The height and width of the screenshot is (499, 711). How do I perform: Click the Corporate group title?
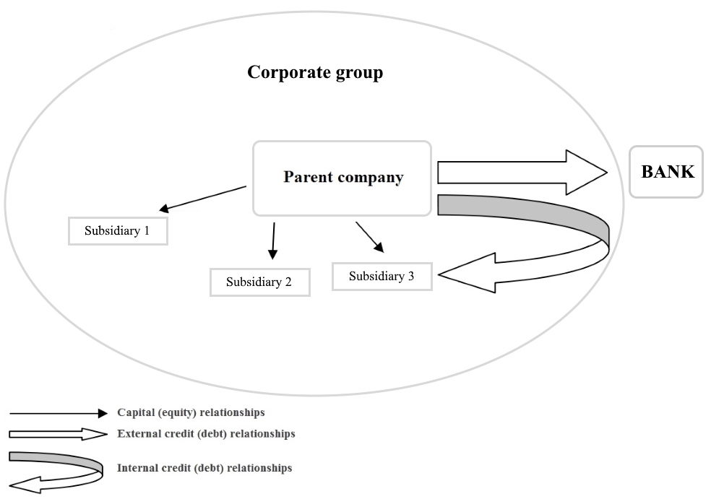click(315, 73)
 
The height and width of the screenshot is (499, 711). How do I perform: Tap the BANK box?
click(665, 172)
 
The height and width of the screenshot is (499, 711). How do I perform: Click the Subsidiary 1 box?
click(118, 232)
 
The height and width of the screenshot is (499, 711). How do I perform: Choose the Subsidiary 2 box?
click(259, 282)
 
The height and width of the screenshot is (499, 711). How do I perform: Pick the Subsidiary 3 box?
click(382, 277)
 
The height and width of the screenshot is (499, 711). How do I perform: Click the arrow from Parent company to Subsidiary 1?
click(204, 199)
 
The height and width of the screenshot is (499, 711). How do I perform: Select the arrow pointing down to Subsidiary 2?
click(273, 241)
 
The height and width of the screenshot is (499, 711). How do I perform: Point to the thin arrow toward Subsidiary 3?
click(369, 237)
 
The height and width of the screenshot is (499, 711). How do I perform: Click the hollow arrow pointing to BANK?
click(520, 173)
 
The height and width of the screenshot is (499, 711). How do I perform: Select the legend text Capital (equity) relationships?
click(191, 413)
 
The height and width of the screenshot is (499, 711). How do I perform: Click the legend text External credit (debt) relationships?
click(205, 434)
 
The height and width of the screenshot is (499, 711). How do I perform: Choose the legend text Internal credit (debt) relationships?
click(204, 468)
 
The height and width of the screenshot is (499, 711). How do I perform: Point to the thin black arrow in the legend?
click(58, 414)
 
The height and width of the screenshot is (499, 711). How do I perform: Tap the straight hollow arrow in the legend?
click(58, 434)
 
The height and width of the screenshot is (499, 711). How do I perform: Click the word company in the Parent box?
click(368, 178)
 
